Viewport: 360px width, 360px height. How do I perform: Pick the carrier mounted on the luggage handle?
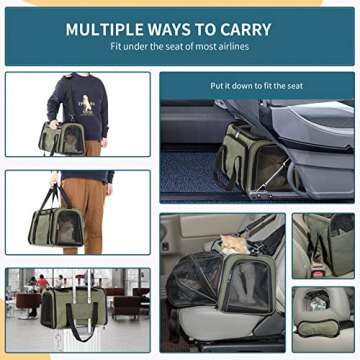pos(74,307)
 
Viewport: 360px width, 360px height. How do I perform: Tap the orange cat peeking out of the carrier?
pos(235,243)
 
